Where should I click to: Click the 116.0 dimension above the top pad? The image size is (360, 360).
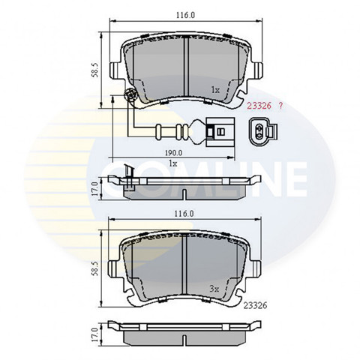pyautogui.click(x=185, y=15)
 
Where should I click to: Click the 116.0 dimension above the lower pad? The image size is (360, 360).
pyautogui.click(x=184, y=214)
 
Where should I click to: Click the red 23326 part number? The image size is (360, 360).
pyautogui.click(x=259, y=106)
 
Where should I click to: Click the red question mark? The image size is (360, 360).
pyautogui.click(x=280, y=106)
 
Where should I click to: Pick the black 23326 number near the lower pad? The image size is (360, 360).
pyautogui.click(x=255, y=305)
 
